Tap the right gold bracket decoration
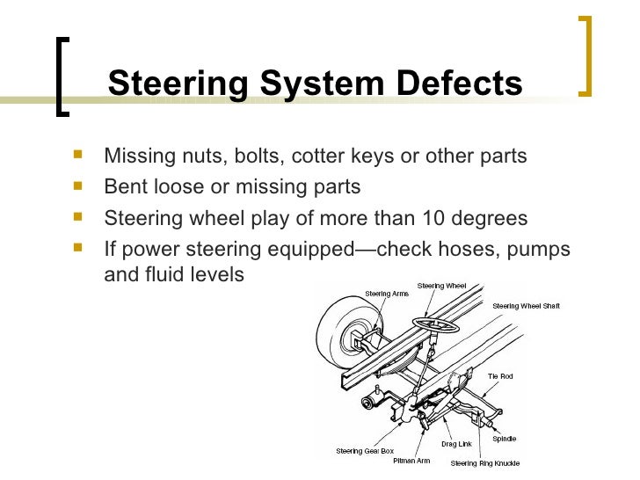click(586, 55)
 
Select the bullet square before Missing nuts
click(81, 156)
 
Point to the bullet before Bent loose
click(81, 186)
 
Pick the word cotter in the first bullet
click(316, 156)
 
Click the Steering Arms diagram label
click(386, 294)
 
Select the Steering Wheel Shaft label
click(526, 306)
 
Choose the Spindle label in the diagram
click(504, 438)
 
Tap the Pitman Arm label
click(411, 461)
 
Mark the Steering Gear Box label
click(365, 452)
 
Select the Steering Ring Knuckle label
click(485, 462)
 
